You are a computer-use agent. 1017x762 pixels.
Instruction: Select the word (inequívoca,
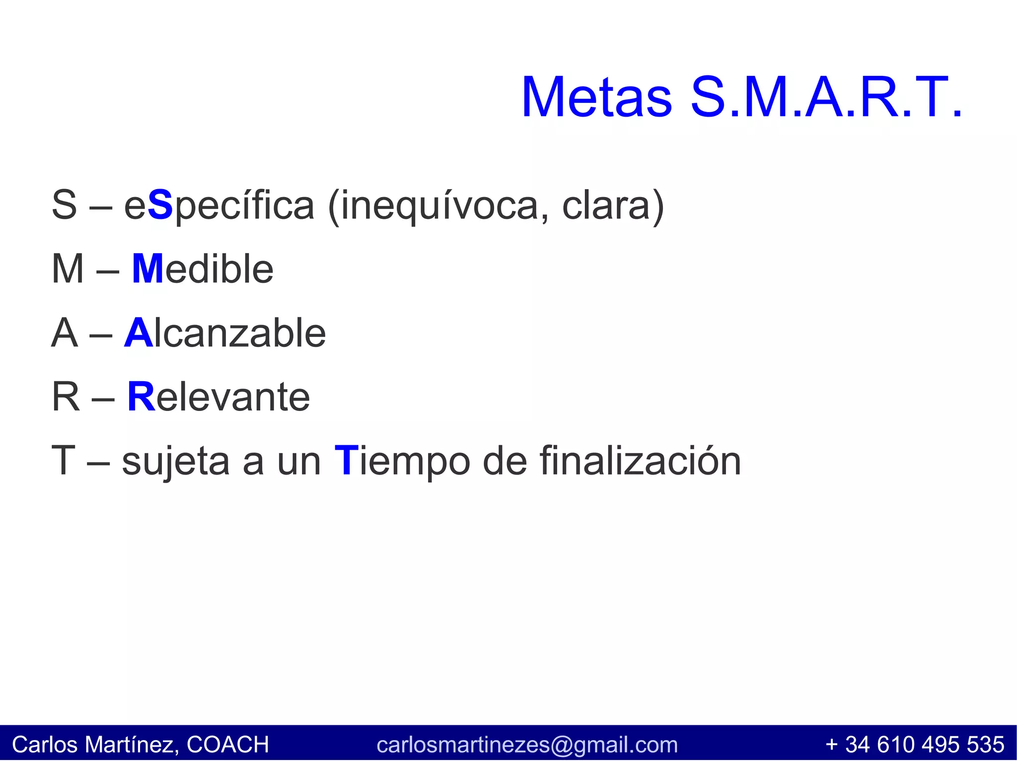(x=438, y=206)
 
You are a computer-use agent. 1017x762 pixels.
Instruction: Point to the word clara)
(x=613, y=206)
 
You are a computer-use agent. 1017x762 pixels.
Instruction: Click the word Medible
(x=203, y=269)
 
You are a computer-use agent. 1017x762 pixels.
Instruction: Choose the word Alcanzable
(x=225, y=333)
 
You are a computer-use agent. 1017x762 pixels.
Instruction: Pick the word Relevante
(x=218, y=397)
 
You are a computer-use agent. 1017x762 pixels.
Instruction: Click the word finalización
(x=640, y=461)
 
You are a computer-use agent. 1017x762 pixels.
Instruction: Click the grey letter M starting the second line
(x=68, y=269)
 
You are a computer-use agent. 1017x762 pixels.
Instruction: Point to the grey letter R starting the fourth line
(x=66, y=397)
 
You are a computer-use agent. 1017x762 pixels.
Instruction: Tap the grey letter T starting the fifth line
(x=63, y=461)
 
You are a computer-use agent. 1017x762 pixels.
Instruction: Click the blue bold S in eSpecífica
(x=160, y=206)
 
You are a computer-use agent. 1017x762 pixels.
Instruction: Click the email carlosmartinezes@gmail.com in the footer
(x=527, y=745)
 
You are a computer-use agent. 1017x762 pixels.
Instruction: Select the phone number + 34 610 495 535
(x=914, y=745)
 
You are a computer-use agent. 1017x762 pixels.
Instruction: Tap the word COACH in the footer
(x=227, y=745)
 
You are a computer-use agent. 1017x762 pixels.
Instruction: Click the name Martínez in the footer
(x=129, y=745)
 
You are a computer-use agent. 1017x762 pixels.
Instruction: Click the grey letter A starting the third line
(x=65, y=333)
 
